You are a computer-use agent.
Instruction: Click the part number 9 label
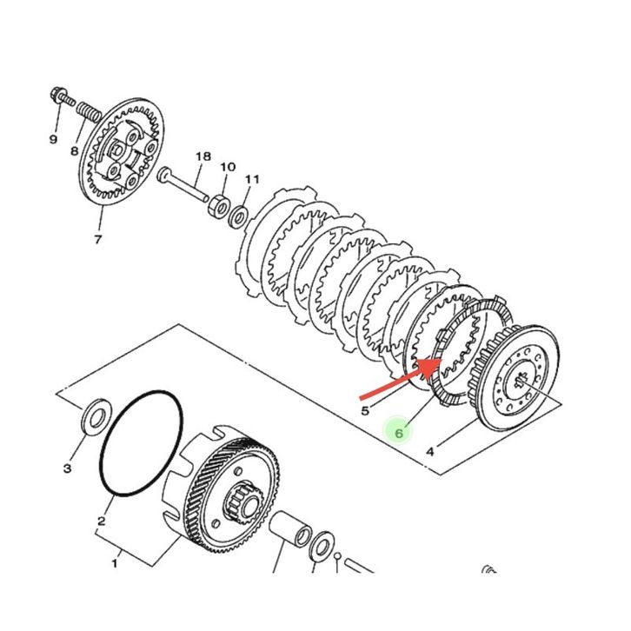coord(52,139)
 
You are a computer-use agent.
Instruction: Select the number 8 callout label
coord(75,150)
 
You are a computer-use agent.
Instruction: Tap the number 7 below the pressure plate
coord(97,239)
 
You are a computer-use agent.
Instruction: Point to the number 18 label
coord(203,157)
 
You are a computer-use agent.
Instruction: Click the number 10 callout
coord(227,167)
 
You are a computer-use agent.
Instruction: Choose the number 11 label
coord(252,179)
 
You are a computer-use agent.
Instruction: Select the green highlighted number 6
coord(400,431)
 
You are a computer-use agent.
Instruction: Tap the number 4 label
coord(429,451)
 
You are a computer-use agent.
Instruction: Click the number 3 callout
coord(67,468)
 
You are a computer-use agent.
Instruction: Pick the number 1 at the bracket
coord(113,563)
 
